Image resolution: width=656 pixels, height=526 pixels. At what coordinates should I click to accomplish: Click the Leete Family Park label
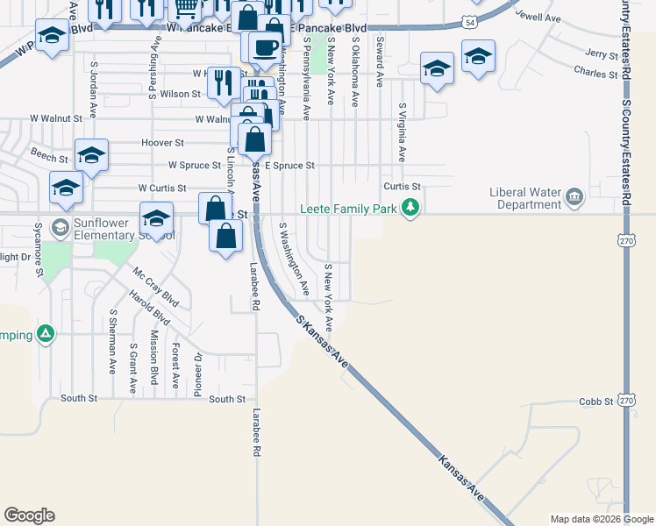click(348, 209)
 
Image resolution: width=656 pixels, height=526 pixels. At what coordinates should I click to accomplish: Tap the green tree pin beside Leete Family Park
click(410, 208)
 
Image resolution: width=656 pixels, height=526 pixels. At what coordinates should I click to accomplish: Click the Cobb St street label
click(595, 402)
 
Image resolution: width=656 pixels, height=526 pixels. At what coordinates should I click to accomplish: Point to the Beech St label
click(49, 159)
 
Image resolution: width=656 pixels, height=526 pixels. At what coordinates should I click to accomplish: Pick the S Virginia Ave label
click(402, 132)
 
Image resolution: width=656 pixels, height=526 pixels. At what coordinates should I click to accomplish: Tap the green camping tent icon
click(46, 334)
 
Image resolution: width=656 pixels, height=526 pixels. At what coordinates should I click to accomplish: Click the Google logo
click(29, 515)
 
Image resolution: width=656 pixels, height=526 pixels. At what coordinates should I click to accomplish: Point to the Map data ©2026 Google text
click(601, 519)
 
